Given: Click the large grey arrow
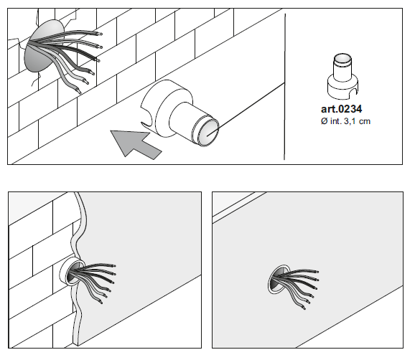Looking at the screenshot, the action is coord(135,144).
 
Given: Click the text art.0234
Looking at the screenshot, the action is coord(342,109).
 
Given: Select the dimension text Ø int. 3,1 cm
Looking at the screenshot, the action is coord(345,121).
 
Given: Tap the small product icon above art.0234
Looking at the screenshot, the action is coord(342,76).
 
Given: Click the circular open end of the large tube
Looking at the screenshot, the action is coord(208,131).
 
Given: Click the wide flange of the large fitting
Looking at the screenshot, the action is coord(165,108).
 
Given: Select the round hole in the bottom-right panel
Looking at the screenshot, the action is coord(277,280).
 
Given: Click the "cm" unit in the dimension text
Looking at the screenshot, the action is coord(365,122).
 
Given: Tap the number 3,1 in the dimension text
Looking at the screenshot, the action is coord(350,121).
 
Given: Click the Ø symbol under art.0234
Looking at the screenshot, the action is coord(325,121).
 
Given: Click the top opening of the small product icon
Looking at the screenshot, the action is coord(342,58).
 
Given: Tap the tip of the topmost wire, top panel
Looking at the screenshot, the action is coord(101,34).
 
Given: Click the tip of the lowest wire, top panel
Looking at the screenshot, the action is coord(80,93).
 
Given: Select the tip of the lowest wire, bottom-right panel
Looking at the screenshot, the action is coord(304,308).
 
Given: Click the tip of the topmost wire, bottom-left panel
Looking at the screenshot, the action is coord(114,265).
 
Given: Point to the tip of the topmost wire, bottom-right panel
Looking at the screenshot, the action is coord(317,272).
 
